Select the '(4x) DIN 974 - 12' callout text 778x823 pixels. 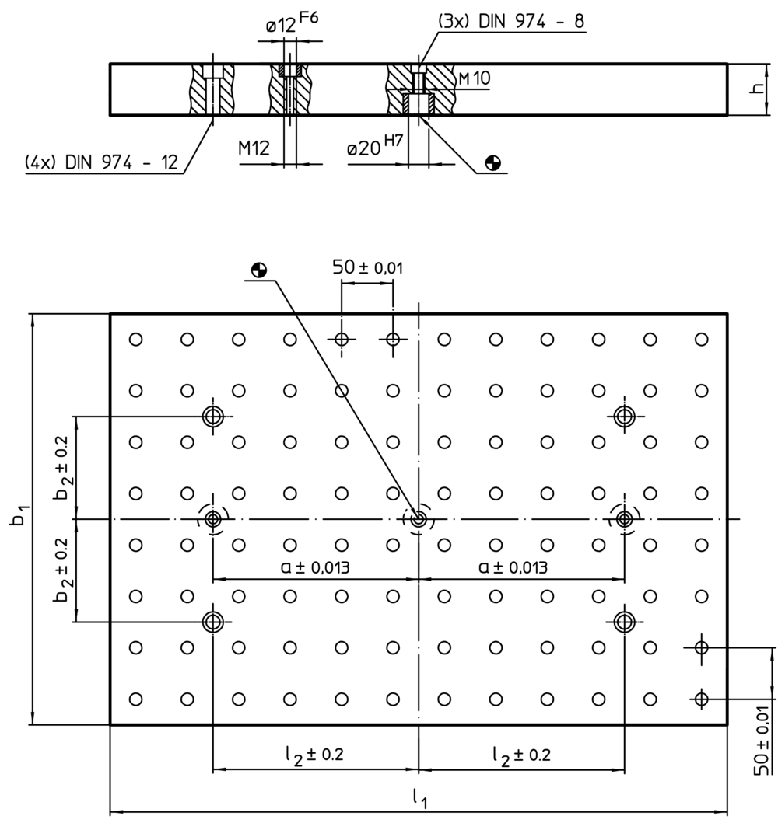click(x=101, y=162)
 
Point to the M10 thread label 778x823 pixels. click(x=474, y=78)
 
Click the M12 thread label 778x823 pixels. click(x=254, y=148)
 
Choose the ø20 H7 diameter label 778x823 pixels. click(x=373, y=147)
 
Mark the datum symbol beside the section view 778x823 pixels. click(x=492, y=162)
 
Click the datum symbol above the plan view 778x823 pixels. click(x=258, y=270)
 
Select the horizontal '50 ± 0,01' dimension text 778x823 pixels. click(x=368, y=267)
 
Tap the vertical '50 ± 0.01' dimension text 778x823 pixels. click(x=763, y=738)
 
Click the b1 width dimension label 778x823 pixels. click(x=19, y=518)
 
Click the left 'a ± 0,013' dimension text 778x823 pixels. click(x=315, y=567)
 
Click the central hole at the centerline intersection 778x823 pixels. click(x=419, y=518)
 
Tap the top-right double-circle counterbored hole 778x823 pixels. click(x=624, y=416)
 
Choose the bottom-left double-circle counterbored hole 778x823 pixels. click(x=212, y=621)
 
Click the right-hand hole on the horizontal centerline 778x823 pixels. click(x=624, y=518)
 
